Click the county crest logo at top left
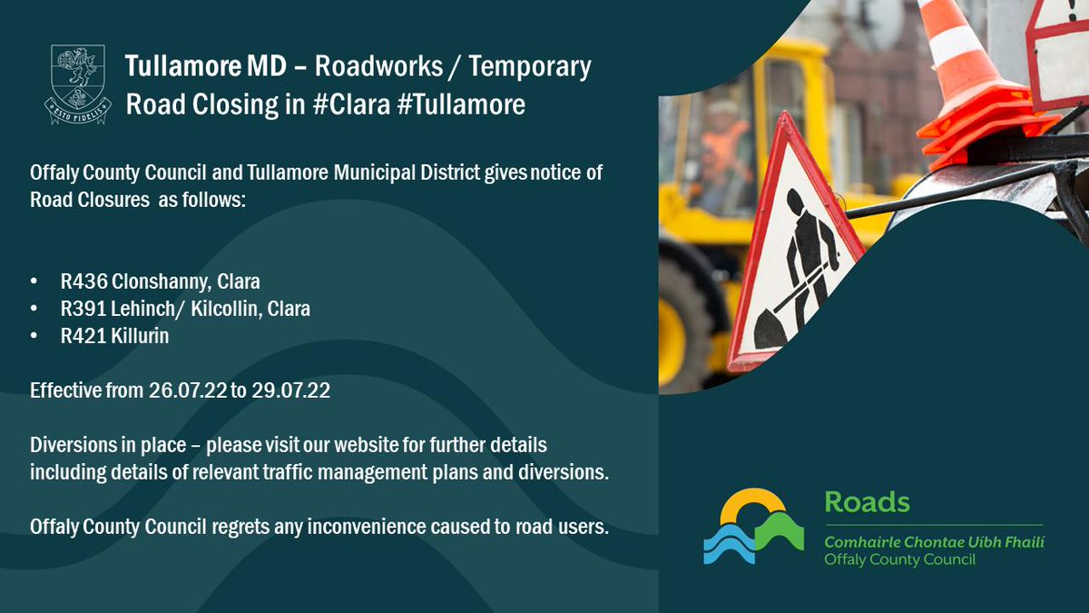[77, 84]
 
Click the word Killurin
[142, 336]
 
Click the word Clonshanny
[160, 282]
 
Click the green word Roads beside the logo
[867, 503]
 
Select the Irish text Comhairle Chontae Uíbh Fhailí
[934, 542]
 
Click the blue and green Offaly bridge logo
[753, 527]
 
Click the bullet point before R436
[34, 282]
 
